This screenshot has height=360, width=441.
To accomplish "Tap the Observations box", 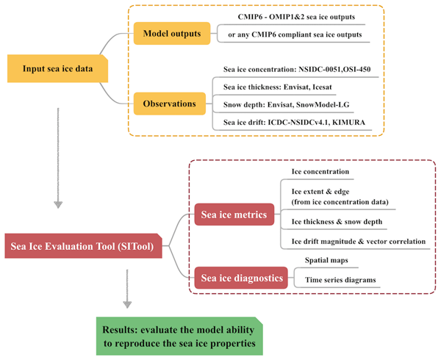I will tap(169, 104).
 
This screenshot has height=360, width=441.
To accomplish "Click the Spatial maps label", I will tap(329, 261).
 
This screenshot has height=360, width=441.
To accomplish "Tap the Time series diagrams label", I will tap(340, 281).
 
